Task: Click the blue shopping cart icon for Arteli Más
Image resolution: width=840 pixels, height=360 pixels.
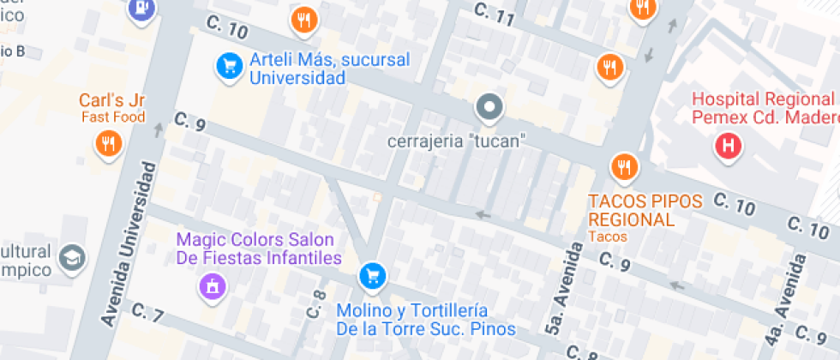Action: point(228,64)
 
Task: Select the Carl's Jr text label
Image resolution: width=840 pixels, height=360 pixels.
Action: point(113,100)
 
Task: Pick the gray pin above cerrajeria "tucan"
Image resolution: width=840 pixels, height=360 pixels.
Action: point(489,108)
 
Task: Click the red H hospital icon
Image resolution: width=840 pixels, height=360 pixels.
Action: point(729,145)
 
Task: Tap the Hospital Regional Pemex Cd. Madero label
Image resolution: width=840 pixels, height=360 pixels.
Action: point(763,107)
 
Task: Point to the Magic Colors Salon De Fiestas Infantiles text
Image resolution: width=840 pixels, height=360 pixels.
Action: point(259,249)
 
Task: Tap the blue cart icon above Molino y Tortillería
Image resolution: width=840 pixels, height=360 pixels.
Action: point(372,275)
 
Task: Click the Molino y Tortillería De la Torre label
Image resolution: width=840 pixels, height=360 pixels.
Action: point(425,319)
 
